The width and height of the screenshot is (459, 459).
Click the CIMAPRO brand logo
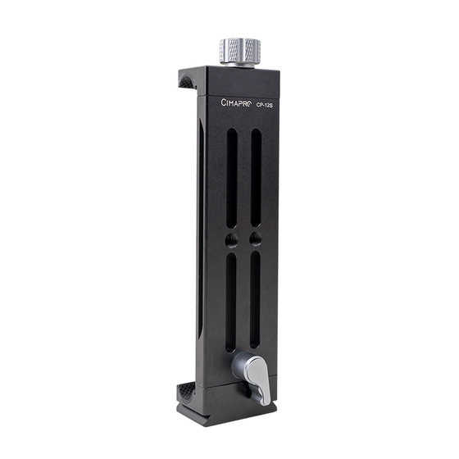pos(236,102)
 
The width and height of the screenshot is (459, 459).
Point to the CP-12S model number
pos(264,106)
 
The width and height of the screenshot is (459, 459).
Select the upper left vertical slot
pos(232,178)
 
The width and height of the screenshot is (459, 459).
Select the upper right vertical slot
pos(256,177)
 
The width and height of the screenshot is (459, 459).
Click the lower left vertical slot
pos(231,302)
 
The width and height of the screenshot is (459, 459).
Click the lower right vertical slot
pos(255,300)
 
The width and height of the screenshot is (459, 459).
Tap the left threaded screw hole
pos(231,240)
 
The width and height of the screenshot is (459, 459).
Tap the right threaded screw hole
pos(256,239)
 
